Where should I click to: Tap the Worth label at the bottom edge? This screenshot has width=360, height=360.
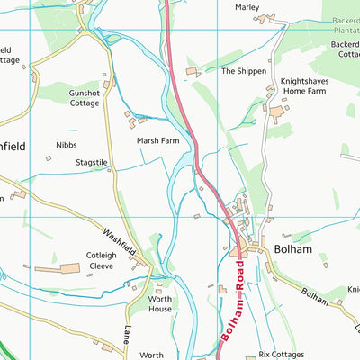pyautogui.click(x=151, y=355)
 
